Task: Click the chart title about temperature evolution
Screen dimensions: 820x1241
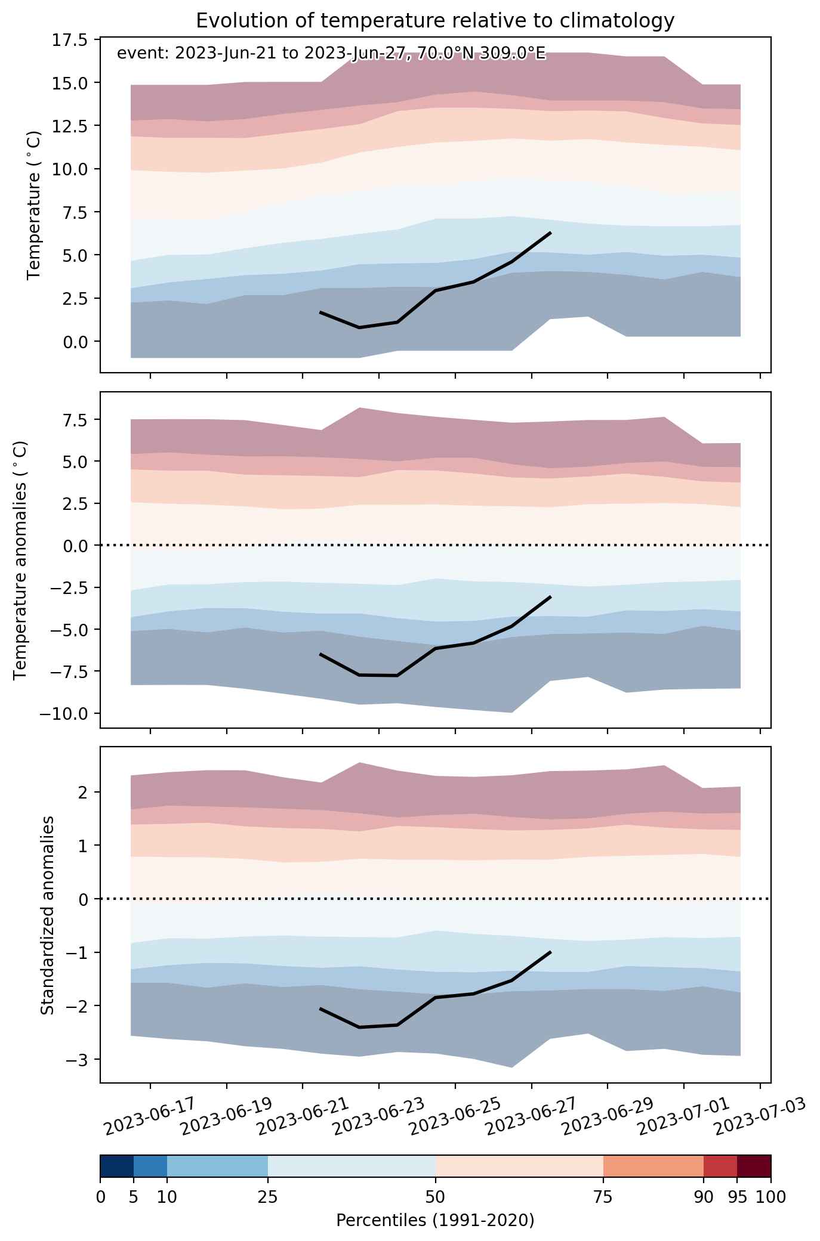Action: [435, 21]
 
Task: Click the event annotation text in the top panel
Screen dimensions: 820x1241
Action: [331, 54]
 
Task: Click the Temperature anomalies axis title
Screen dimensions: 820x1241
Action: [21, 559]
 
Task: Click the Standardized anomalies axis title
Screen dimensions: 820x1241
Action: [47, 915]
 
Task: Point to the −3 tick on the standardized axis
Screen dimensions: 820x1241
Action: [79, 1059]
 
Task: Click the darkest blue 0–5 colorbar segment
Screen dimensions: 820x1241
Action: [117, 1166]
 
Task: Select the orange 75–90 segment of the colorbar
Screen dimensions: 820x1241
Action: [653, 1166]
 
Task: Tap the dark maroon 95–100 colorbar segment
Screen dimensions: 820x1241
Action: [754, 1166]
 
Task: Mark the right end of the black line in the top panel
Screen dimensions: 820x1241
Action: [550, 233]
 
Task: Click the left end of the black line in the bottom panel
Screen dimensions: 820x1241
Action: [320, 1008]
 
